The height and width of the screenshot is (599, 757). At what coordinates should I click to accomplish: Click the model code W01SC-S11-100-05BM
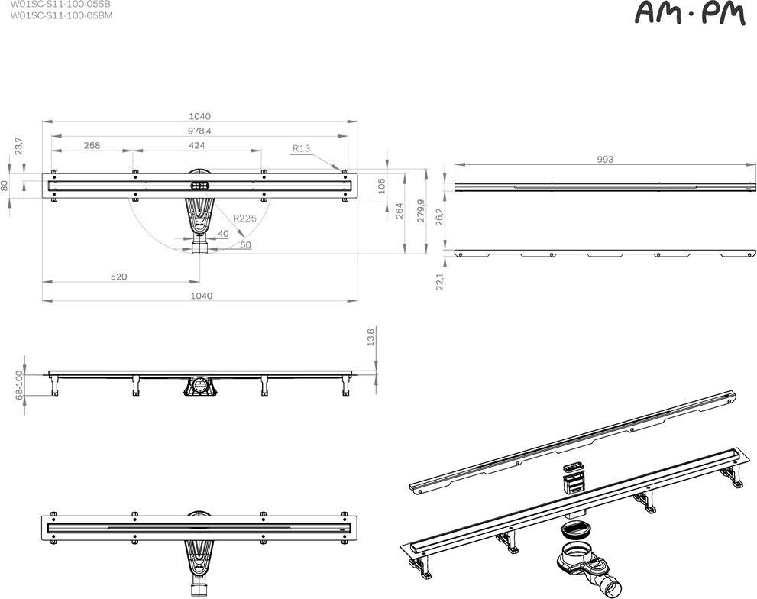[x=61, y=15]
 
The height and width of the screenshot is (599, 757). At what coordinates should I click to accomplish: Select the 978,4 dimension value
[x=200, y=131]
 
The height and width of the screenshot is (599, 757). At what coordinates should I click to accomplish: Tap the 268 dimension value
[x=92, y=145]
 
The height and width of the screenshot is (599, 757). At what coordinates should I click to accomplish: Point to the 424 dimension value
[x=196, y=145]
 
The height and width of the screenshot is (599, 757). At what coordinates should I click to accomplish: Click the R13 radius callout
[x=301, y=148]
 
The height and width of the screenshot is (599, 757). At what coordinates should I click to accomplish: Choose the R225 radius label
[x=244, y=218]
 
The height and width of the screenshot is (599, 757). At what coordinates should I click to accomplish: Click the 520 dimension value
[x=118, y=277]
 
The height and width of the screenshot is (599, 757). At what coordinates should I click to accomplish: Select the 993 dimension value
[x=605, y=160]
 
